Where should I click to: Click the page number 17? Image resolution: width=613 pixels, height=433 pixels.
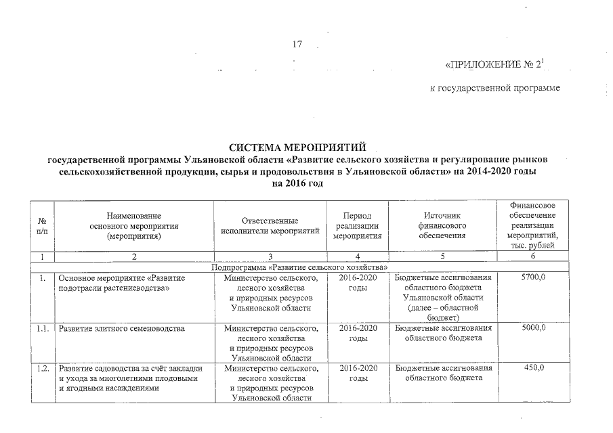tap(296, 45)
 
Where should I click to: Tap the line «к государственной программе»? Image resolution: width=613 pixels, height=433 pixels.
tap(495, 89)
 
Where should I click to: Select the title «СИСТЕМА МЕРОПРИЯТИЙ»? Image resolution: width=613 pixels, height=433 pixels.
tap(297, 147)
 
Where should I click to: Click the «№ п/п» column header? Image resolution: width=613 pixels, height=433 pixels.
tap(43, 225)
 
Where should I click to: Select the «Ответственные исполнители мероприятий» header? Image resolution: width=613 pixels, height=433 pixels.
tap(270, 225)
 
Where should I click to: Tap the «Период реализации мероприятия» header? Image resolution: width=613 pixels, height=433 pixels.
tap(358, 225)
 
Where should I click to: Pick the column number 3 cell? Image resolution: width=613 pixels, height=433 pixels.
tap(270, 257)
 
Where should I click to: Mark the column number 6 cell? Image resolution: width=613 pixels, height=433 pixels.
tap(534, 257)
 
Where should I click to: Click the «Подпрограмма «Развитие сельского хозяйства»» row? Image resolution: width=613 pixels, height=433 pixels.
tap(299, 268)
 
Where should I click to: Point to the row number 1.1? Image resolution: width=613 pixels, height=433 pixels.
tap(42, 328)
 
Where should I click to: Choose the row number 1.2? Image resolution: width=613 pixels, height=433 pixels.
tap(42, 368)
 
